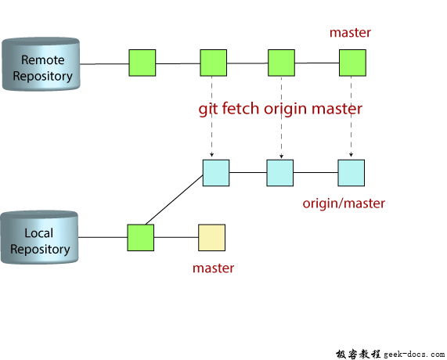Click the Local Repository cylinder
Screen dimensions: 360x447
pyautogui.click(x=40, y=238)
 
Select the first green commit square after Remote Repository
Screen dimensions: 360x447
pyautogui.click(x=142, y=63)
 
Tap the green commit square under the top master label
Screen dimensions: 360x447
pyautogui.click(x=352, y=63)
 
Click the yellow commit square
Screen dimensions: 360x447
pyautogui.click(x=211, y=237)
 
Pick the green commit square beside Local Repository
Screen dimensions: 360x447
pyautogui.click(x=141, y=237)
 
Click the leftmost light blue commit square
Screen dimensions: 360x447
pyautogui.click(x=215, y=172)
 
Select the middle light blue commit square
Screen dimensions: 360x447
pyautogui.click(x=279, y=172)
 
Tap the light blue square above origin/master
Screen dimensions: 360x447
pyautogui.click(x=351, y=172)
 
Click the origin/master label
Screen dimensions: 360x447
pyautogui.click(x=344, y=203)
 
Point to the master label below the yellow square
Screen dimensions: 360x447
pyautogui.click(x=213, y=268)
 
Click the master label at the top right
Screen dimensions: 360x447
pyautogui.click(x=350, y=33)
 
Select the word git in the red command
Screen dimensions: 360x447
pyautogui.click(x=209, y=109)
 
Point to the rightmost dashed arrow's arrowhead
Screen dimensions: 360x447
pyautogui.click(x=350, y=155)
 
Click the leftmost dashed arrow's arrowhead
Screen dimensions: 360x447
pyautogui.click(x=212, y=155)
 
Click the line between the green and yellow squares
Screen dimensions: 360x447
pyautogui.click(x=176, y=237)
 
